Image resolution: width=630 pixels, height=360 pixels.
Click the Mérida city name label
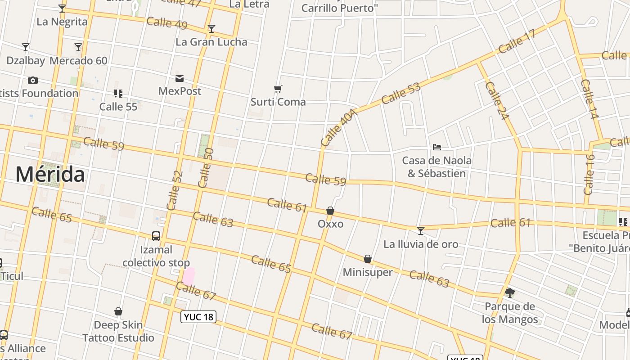[50, 175]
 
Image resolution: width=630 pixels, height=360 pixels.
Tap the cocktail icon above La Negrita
[62, 9]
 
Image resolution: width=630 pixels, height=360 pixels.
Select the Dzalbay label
[26, 61]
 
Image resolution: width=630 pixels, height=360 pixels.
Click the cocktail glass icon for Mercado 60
[78, 47]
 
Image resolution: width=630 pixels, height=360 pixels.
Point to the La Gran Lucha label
[211, 42]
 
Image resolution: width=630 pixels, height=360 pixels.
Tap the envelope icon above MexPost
[180, 78]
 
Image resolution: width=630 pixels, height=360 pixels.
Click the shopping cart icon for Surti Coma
[278, 89]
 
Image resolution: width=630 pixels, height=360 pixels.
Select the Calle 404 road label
[339, 127]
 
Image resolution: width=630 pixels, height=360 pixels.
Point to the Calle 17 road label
[517, 43]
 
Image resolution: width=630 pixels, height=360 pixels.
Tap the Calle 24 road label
[497, 100]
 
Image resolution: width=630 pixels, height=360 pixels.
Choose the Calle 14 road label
[589, 99]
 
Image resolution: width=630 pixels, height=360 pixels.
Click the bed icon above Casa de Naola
[436, 147]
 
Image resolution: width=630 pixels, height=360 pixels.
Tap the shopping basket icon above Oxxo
[330, 211]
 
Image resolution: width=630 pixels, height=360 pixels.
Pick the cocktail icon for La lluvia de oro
[421, 231]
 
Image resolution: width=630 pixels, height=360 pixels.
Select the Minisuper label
[368, 272]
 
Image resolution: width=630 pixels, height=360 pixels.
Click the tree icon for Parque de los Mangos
[509, 293]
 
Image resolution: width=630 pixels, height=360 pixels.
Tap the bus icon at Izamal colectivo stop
[156, 236]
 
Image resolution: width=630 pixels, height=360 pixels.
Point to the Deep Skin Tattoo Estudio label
[118, 331]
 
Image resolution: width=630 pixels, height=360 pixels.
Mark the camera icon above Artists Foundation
[33, 81]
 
